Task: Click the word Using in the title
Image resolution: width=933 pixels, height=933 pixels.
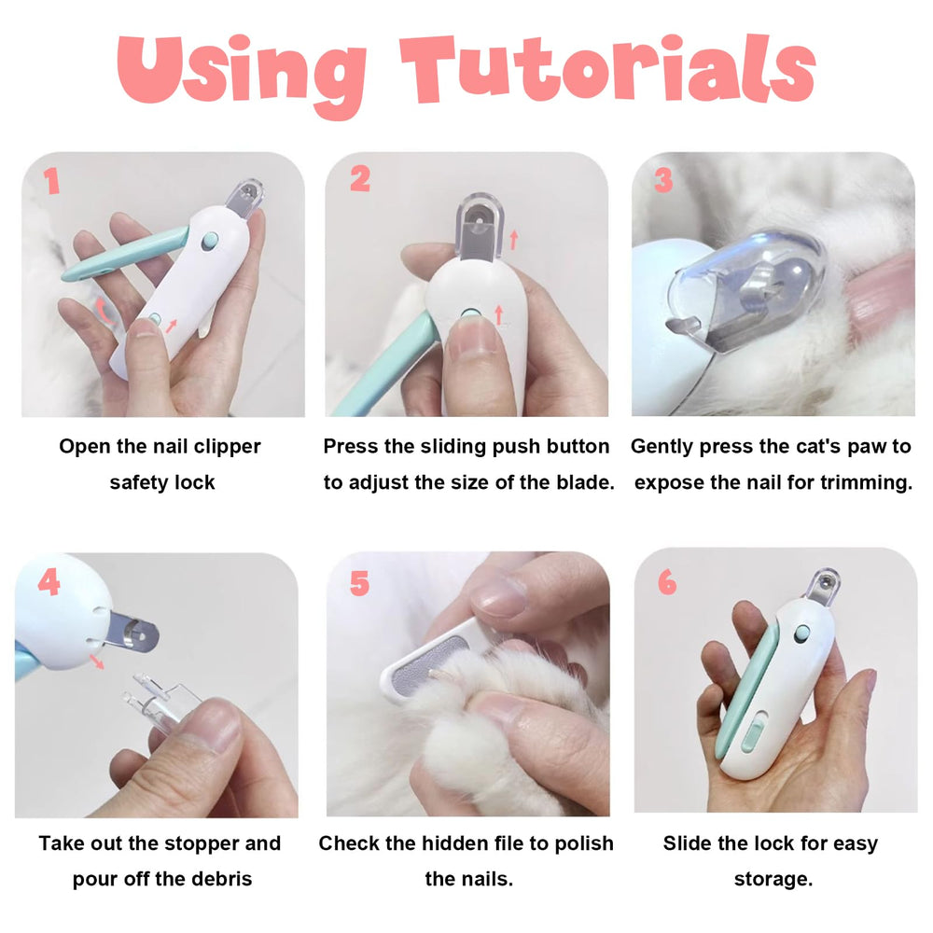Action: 241,75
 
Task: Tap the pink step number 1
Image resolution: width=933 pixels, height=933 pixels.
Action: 52,180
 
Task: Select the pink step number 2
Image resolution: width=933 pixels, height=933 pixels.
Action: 360,178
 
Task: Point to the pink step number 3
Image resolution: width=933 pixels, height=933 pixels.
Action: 662,179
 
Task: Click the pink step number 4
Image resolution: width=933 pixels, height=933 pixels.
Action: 49,581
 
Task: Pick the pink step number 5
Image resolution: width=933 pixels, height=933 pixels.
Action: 359,583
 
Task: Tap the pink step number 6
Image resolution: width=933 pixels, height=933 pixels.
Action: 667,582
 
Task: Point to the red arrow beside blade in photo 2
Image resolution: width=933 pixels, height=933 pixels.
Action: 513,240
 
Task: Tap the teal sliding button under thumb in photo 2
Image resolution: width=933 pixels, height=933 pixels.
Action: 470,314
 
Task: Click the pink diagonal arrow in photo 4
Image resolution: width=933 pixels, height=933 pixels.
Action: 95,661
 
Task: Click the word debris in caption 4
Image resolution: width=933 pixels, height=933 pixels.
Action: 221,879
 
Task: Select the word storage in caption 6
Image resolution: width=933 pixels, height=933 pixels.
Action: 773,879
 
